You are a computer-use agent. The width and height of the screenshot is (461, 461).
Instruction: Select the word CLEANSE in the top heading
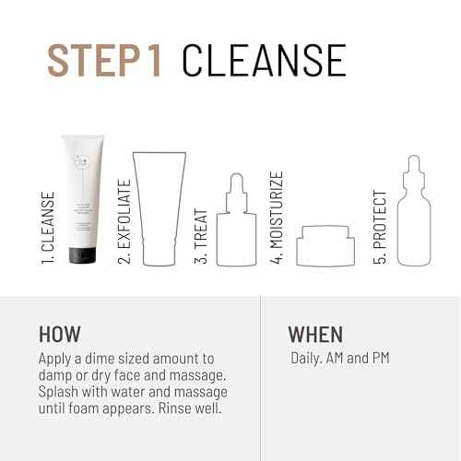(264, 59)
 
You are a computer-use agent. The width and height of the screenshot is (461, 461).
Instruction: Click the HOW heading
(60, 334)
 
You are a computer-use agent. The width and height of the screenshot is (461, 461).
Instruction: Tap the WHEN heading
(315, 334)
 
